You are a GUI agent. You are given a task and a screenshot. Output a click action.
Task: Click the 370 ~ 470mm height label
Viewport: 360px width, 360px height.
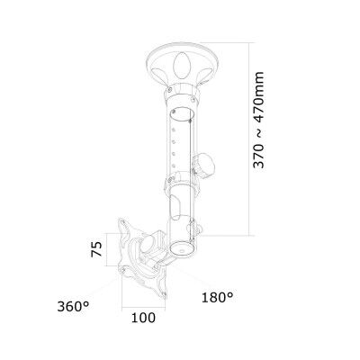click(258, 120)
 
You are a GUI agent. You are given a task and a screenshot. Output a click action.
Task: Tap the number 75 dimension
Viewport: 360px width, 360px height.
click(96, 249)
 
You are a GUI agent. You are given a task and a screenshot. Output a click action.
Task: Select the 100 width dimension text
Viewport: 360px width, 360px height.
click(143, 318)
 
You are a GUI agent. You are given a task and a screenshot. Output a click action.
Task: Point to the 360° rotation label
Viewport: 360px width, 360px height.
click(73, 307)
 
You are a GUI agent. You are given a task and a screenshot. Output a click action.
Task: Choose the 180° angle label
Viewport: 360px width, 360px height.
click(217, 298)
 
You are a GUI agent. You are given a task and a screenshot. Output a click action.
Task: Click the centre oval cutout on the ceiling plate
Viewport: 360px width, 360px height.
click(182, 64)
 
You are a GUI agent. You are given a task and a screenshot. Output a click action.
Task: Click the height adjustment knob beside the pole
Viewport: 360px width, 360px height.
click(205, 165)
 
